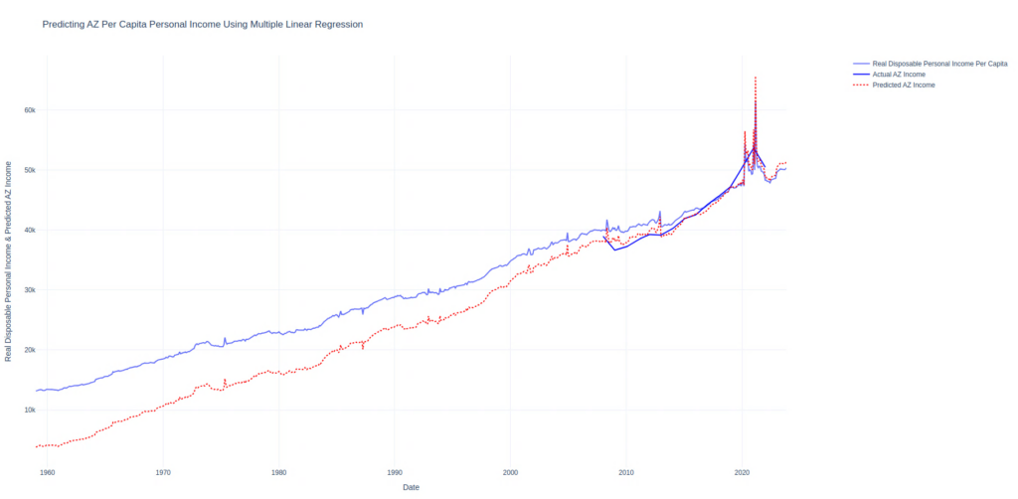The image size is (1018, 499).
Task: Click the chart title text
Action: [202, 23]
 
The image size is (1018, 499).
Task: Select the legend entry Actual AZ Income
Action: [899, 75]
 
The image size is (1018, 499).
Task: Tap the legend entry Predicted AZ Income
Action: [904, 85]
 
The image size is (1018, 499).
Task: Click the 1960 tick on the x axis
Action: [47, 471]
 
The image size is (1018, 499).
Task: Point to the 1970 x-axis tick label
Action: [162, 471]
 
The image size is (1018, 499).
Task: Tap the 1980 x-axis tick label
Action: [278, 471]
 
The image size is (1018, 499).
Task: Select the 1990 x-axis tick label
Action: [395, 471]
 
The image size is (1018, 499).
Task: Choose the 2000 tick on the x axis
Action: [510, 471]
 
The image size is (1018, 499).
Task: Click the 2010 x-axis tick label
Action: [626, 471]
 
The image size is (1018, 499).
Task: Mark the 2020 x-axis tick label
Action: [742, 471]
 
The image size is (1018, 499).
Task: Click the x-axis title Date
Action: [411, 487]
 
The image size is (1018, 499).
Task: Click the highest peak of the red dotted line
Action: [756, 77]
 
